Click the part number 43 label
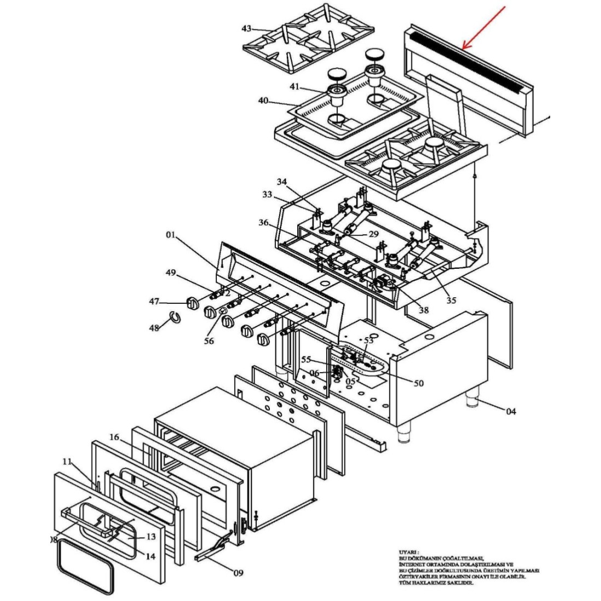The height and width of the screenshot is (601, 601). click(246, 28)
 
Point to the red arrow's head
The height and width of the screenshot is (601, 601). click(463, 48)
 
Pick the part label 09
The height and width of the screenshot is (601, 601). click(238, 573)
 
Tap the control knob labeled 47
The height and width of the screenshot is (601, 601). click(193, 303)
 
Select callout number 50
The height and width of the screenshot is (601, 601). click(419, 384)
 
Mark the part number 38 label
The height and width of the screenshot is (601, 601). click(423, 310)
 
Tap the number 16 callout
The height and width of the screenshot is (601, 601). click(114, 437)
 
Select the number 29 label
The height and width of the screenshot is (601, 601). click(373, 233)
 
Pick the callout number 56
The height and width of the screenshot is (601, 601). click(208, 340)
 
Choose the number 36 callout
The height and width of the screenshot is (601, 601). click(264, 222)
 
